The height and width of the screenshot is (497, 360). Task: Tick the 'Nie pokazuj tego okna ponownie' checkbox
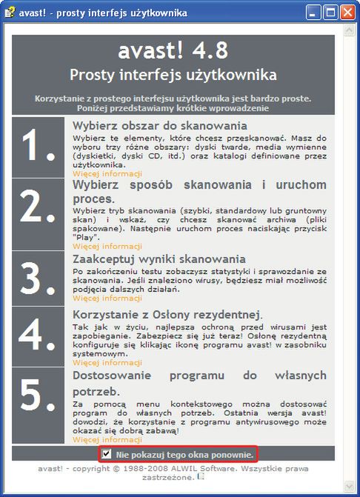(x=107, y=453)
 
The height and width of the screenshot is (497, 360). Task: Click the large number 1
(x=39, y=147)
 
